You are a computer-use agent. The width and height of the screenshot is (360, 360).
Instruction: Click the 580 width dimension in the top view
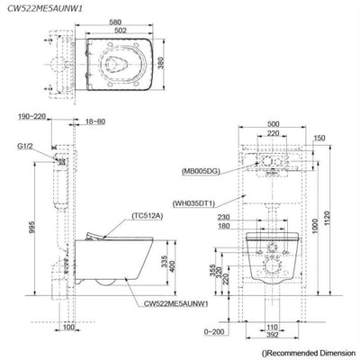[115, 22]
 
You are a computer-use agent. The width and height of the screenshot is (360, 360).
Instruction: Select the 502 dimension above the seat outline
[121, 30]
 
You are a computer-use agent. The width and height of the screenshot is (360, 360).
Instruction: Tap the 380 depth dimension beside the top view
[161, 63]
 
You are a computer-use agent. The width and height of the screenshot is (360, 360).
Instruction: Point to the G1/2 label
[25, 146]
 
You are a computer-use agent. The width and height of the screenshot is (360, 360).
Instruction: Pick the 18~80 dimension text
[95, 121]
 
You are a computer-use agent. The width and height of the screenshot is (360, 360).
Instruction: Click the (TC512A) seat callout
[147, 216]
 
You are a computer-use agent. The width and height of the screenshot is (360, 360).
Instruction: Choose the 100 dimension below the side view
[68, 327]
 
